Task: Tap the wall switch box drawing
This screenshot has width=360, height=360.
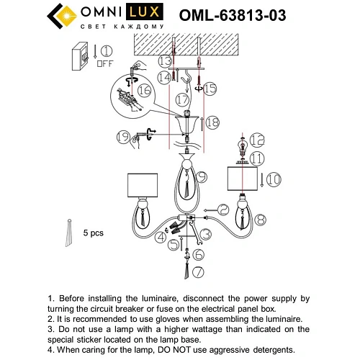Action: (82, 55)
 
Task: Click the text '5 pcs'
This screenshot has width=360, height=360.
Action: (94, 233)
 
